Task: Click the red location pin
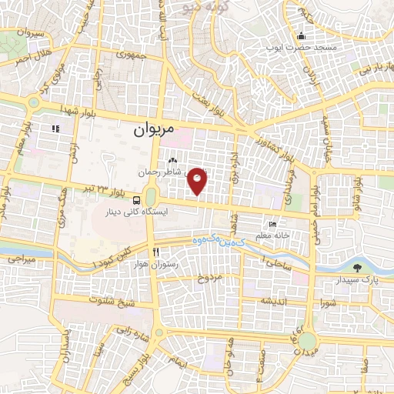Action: [198, 180]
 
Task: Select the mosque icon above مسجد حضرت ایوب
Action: [301, 35]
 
